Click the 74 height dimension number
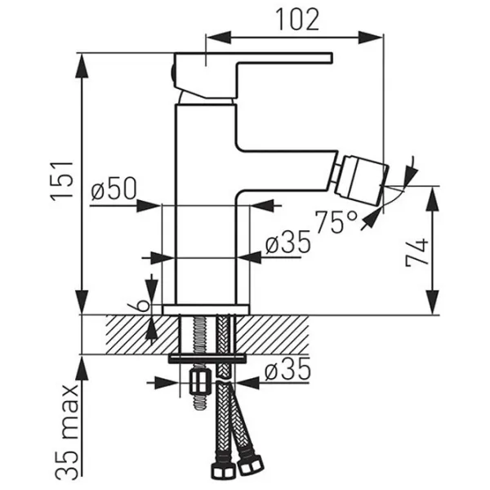coord(416,254)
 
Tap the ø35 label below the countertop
coord(287,372)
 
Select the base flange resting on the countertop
coord(205,310)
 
